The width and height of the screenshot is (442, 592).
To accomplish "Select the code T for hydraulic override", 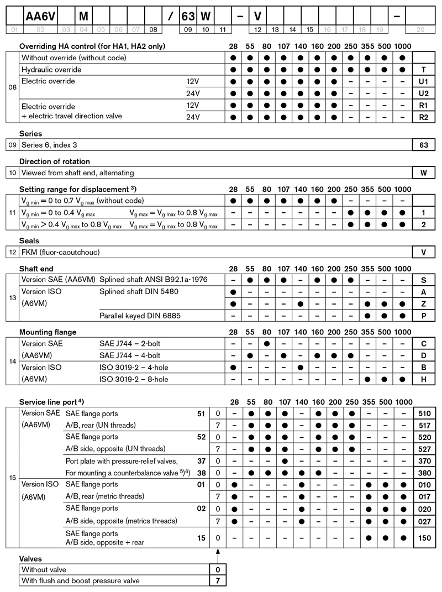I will tap(424, 70).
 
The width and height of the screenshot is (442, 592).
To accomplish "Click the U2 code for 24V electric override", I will tap(424, 93).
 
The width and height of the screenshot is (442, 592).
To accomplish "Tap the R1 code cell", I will tap(424, 105).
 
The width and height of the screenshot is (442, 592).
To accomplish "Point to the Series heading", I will tap(30, 134).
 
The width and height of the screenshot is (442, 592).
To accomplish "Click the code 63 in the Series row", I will tap(424, 145).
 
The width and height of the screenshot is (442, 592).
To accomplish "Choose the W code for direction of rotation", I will tap(424, 173).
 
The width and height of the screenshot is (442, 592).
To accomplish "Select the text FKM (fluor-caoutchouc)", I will tap(61, 252).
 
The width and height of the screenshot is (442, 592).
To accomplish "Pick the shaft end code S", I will tap(424, 280).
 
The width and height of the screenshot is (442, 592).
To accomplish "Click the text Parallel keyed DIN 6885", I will tap(140, 316).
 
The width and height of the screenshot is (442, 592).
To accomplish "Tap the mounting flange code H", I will tap(424, 379).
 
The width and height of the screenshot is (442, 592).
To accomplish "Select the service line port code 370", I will tap(424, 460).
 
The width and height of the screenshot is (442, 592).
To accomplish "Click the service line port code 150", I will tap(424, 537).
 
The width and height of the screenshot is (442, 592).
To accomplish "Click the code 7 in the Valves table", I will tap(218, 580).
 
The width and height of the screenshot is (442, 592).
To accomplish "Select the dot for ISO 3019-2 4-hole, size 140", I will tap(301, 367).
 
